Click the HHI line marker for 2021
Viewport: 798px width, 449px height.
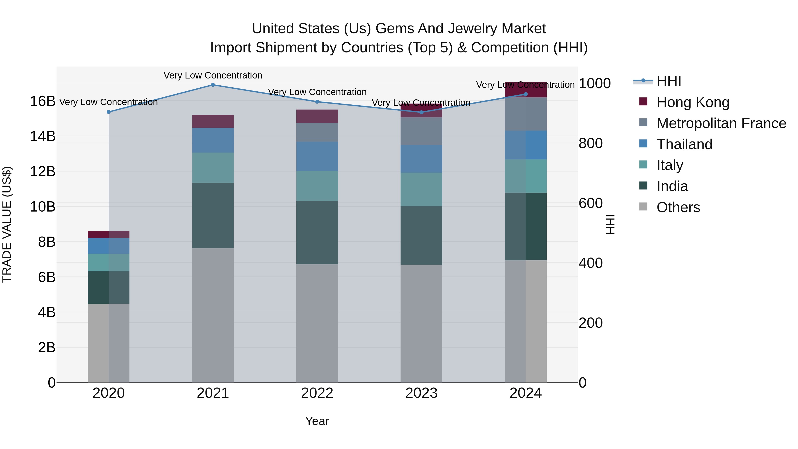pos(213,85)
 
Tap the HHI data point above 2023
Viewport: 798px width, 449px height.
pos(421,112)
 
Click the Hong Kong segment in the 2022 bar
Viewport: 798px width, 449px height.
pos(317,116)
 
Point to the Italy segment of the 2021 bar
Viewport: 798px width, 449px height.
pos(213,167)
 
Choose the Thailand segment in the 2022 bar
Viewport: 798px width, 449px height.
pos(317,157)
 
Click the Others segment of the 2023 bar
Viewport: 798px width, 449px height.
pos(421,324)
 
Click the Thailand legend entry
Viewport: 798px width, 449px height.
pos(684,144)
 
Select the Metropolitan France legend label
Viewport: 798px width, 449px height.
pos(721,123)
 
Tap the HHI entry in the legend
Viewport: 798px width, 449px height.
pos(669,81)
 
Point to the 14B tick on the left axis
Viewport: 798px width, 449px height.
pos(43,136)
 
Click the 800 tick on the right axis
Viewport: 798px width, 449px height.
pos(591,143)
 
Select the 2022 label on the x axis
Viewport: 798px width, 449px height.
pos(317,393)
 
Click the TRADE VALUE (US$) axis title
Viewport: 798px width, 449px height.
pos(7,224)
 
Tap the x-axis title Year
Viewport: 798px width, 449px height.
pos(317,421)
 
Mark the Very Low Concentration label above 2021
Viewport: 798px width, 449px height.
pos(213,75)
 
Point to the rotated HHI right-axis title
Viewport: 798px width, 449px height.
pos(610,224)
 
